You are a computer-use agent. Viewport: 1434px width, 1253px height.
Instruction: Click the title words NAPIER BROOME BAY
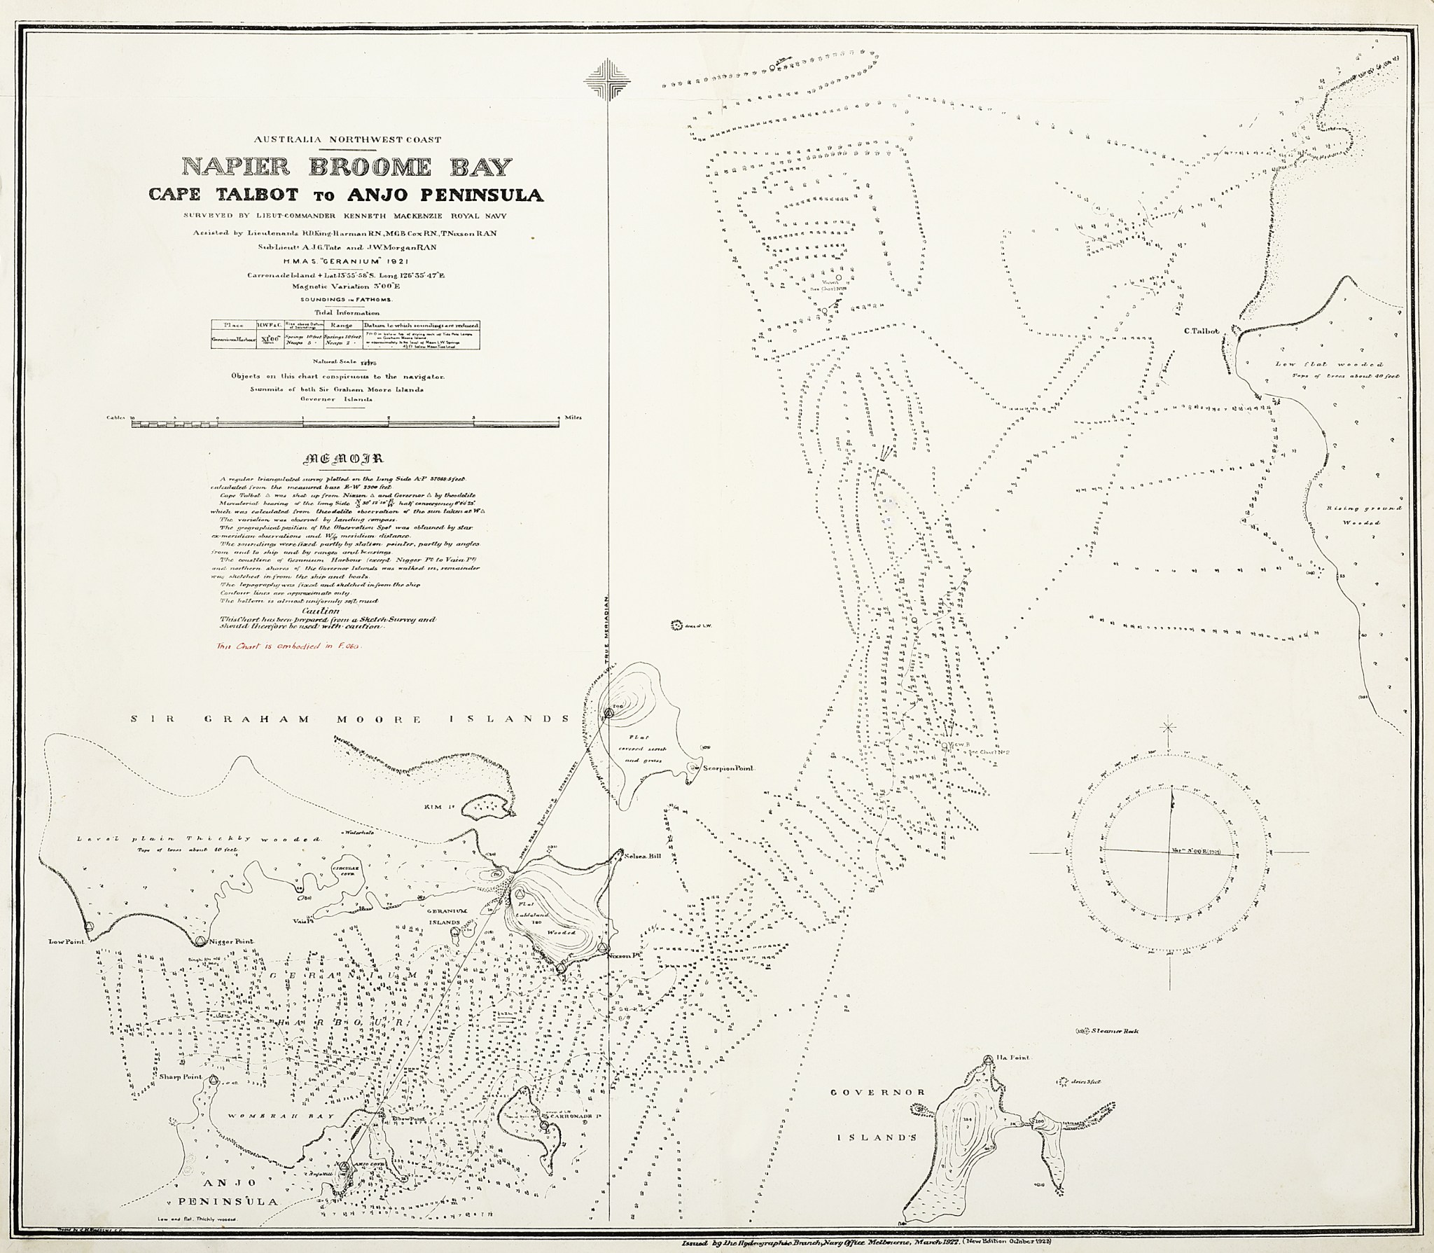(x=347, y=167)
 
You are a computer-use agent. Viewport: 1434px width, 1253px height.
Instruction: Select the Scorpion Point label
(x=731, y=768)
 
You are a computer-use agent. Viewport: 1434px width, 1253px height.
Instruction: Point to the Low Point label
(x=61, y=943)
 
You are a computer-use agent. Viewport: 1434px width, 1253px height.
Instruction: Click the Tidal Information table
(x=346, y=335)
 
